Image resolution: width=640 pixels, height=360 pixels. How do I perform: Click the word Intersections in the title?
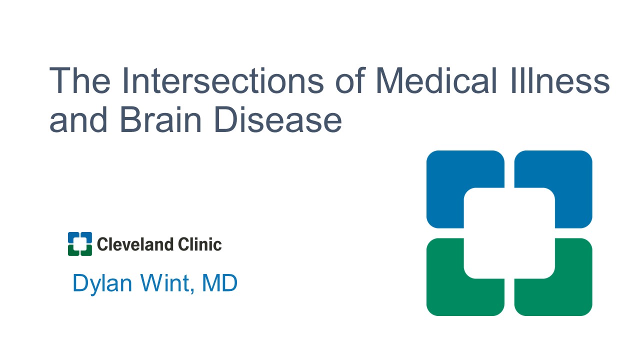pyautogui.click(x=223, y=80)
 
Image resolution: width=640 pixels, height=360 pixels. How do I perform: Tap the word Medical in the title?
pyautogui.click(x=436, y=80)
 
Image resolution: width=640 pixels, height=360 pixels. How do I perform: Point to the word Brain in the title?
pyautogui.click(x=161, y=119)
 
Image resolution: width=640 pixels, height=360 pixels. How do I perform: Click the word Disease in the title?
pyautogui.click(x=278, y=119)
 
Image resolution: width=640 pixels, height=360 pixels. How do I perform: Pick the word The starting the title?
pyautogui.click(x=79, y=80)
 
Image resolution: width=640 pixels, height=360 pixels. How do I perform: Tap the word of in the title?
pyautogui.click(x=350, y=80)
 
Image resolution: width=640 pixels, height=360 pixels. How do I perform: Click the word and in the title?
pyautogui.click(x=78, y=119)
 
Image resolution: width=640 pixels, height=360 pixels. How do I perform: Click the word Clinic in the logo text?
pyautogui.click(x=199, y=244)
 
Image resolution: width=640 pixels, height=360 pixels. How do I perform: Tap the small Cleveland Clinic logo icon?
pyautogui.click(x=80, y=244)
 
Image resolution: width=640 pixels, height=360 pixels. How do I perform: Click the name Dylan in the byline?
pyautogui.click(x=102, y=283)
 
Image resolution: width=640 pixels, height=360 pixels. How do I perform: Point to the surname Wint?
pyautogui.click(x=165, y=283)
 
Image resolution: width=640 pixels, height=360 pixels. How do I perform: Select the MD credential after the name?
pyautogui.click(x=219, y=283)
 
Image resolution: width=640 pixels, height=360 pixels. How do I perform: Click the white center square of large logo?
pyautogui.click(x=509, y=233)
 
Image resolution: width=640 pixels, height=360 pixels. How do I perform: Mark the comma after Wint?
pyautogui.click(x=192, y=291)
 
